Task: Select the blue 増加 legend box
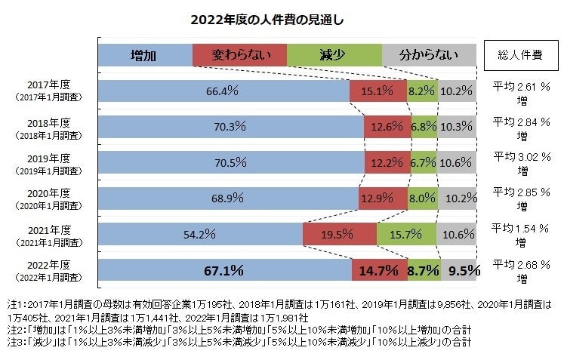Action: point(145,54)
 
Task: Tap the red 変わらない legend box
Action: point(239,54)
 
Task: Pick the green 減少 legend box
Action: point(334,54)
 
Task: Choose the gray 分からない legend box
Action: point(429,54)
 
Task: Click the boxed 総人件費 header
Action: point(521,54)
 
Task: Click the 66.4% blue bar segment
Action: point(223,91)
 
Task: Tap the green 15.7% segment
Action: point(406,234)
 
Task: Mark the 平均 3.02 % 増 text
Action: point(522,162)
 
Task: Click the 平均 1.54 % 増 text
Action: point(522,233)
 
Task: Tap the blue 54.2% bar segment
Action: point(200,234)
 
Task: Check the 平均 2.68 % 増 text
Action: point(522,269)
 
